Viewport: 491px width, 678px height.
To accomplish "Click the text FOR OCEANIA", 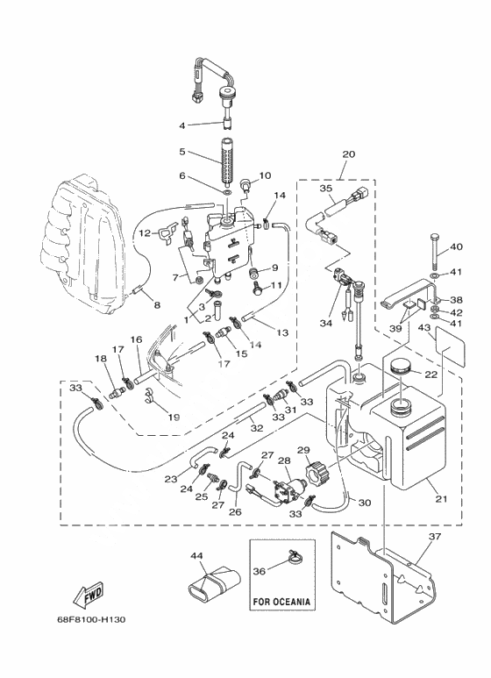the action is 281,602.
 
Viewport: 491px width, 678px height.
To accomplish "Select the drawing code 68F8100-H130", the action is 91,619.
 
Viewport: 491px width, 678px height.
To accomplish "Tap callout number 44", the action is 196,555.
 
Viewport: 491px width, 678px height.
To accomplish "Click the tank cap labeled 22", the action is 401,369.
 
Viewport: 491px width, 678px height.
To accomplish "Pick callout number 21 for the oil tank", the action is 441,498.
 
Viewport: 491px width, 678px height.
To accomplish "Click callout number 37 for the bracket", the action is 435,536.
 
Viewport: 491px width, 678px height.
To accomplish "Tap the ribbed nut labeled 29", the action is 314,473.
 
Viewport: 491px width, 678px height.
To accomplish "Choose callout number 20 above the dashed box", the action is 348,154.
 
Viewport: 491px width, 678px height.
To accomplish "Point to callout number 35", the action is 326,188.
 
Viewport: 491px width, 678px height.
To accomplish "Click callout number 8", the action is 157,305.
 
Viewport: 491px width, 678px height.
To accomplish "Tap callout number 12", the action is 145,233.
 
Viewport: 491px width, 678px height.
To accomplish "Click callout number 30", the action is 365,503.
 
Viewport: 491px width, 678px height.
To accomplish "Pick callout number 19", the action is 174,418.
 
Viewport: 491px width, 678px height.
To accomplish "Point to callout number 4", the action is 182,125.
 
